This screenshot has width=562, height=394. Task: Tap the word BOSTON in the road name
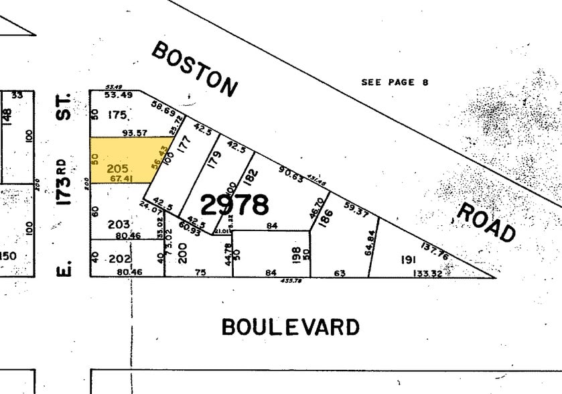coord(194,68)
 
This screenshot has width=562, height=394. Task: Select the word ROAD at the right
coord(486,221)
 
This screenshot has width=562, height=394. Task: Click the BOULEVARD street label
coord(290,327)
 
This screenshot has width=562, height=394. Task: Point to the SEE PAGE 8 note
coord(395,82)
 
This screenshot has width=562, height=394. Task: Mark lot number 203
coord(119,224)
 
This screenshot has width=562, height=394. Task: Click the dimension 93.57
coord(135,133)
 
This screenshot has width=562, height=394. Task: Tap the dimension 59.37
coord(355,211)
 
